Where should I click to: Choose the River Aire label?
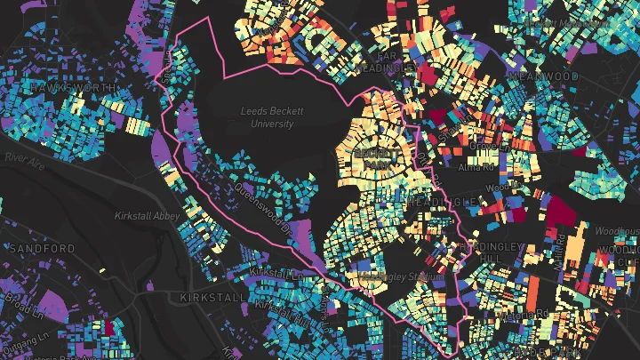(x=24, y=156)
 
